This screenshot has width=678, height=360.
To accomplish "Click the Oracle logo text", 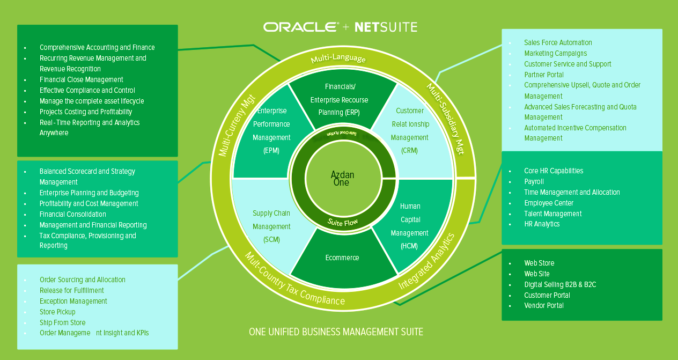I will (301, 27).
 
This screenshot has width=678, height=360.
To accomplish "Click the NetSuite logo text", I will (386, 27).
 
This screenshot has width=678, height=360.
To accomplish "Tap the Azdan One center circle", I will (342, 179).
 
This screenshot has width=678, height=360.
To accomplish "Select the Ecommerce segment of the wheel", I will (342, 258).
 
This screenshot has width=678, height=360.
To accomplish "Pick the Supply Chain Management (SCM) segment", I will (271, 226).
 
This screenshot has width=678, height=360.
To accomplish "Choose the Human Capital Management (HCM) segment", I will (410, 226).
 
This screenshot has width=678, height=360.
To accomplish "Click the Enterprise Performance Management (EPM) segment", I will (271, 130).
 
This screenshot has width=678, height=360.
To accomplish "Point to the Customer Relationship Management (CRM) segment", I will (410, 130).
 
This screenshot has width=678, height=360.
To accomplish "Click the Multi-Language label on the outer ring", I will (338, 58).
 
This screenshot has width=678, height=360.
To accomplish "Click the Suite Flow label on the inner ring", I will (342, 222).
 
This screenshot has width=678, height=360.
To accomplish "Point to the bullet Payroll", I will (534, 182).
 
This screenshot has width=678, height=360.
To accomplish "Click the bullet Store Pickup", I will (57, 312).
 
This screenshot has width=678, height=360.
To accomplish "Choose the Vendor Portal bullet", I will (544, 306).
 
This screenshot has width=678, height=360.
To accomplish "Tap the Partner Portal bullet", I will (544, 75).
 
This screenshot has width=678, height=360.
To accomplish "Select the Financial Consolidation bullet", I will (73, 215).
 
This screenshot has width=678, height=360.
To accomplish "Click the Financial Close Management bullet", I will (82, 80).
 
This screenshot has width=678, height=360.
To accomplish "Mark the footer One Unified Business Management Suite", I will (336, 332).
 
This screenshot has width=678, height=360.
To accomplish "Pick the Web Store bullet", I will (539, 263).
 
